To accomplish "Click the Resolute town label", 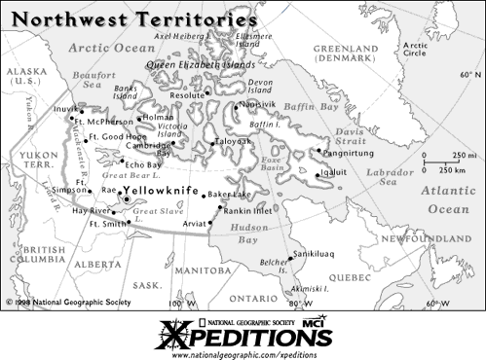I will click(188, 96).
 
